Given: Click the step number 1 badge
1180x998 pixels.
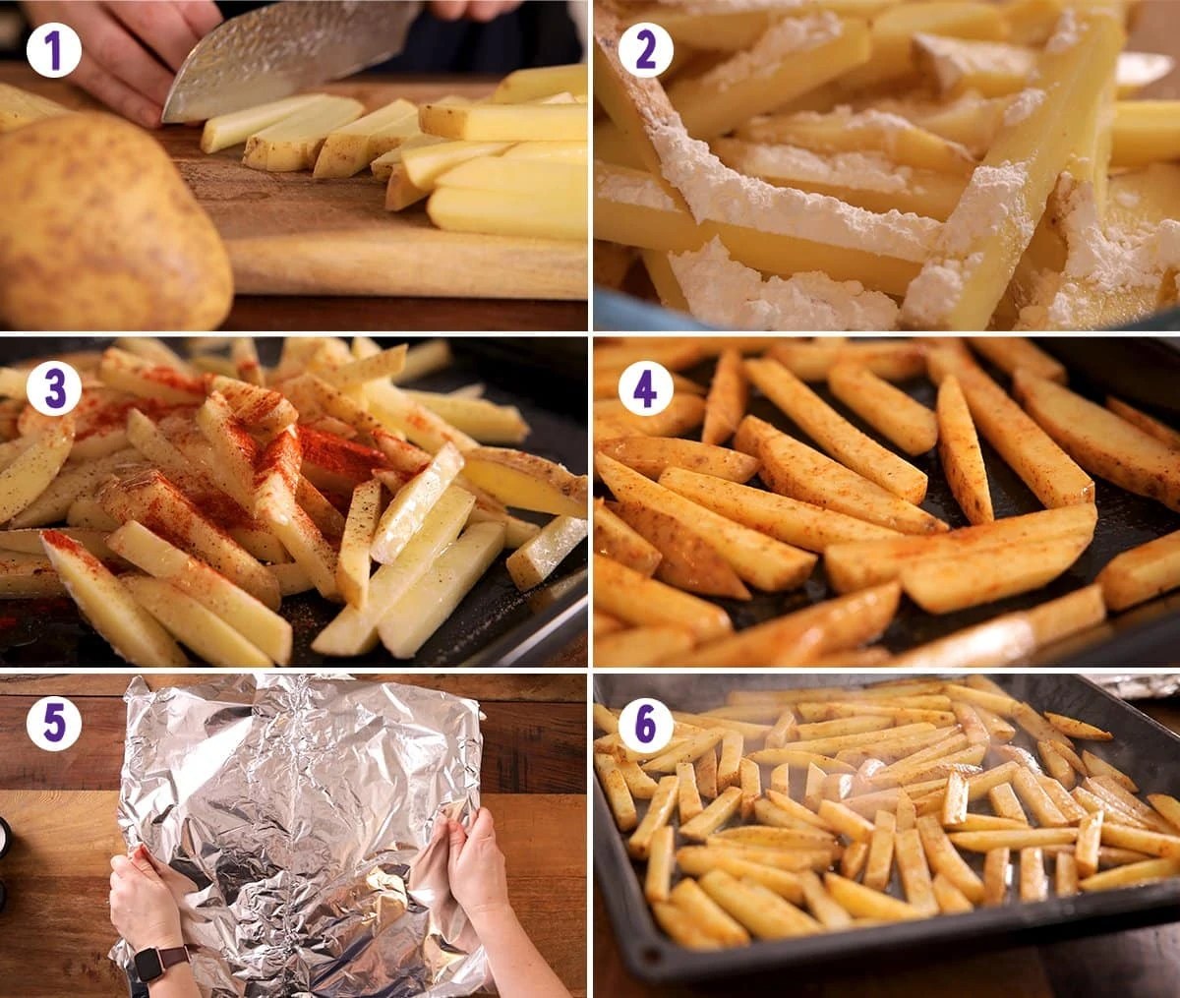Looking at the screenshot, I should [53, 50].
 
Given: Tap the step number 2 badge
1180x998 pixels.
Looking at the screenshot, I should [645, 50].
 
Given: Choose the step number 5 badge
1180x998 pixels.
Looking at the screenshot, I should [53, 725].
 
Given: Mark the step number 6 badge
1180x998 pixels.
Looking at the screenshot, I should [645, 725].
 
